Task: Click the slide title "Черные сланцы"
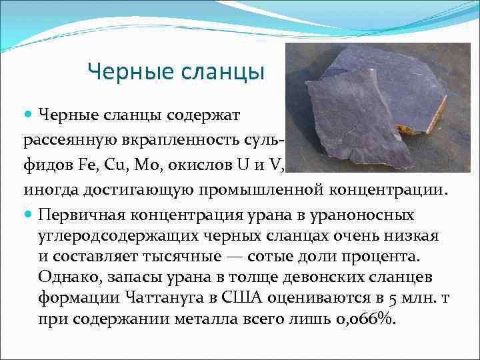point(176,71)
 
